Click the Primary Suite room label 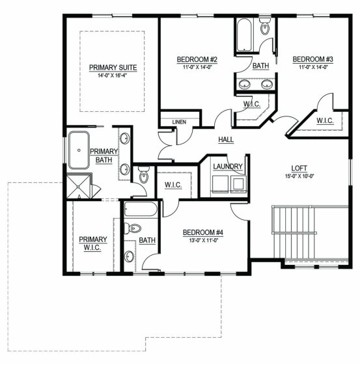tap(113, 68)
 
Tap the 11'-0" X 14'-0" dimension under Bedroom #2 tap(197, 67)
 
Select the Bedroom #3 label tap(312, 59)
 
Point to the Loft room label tap(299, 168)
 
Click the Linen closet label tap(179, 122)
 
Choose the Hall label tap(226, 139)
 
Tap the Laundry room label tap(228, 167)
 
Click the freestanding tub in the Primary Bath tap(79, 150)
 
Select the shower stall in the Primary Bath tap(79, 186)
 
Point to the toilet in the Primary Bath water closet tap(143, 175)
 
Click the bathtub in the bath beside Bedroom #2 tap(244, 35)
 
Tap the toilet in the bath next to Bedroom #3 tap(265, 26)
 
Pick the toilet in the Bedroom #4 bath tap(133, 228)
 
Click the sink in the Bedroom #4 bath tap(130, 257)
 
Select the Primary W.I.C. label tap(92, 243)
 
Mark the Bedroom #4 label tap(203, 232)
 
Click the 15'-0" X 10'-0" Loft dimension tap(299, 176)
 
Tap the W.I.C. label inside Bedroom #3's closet tap(325, 121)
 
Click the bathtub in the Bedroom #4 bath tap(141, 209)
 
